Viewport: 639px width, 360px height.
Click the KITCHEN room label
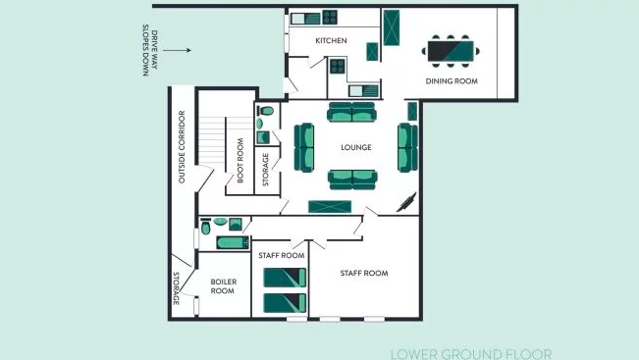tap(331, 40)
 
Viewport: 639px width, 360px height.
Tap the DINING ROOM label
tap(452, 81)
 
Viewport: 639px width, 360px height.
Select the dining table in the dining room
tap(451, 51)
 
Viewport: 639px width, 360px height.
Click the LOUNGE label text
tap(355, 147)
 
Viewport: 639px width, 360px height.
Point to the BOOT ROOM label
tap(240, 161)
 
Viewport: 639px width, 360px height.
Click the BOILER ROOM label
tap(223, 285)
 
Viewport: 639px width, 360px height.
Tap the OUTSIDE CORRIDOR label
tap(182, 146)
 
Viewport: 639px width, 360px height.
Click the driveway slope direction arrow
tap(177, 50)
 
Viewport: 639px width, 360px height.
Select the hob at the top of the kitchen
tap(330, 18)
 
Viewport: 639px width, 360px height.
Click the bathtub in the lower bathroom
tap(233, 242)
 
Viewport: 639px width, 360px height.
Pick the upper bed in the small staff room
tap(285, 278)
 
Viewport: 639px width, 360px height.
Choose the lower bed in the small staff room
tap(285, 303)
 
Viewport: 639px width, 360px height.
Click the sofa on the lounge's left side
tap(304, 147)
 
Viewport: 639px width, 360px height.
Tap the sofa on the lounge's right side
tap(408, 147)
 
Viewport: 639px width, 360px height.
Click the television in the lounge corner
tap(406, 202)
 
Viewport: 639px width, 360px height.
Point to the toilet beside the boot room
tap(266, 111)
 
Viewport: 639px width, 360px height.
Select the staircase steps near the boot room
tap(212, 140)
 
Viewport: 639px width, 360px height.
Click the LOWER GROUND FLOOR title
tap(471, 354)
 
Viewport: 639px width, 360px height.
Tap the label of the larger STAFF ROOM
tap(364, 274)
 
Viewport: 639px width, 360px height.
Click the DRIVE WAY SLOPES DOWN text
tap(149, 50)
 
